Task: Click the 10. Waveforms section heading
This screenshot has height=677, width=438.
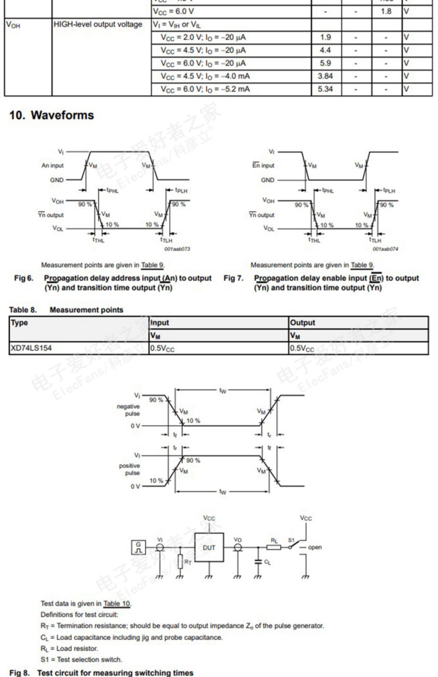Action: [x=51, y=115]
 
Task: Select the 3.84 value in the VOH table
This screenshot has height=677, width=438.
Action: [x=325, y=76]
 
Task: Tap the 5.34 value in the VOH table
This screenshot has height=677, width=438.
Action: [x=325, y=89]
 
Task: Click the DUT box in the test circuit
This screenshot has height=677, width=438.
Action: [x=209, y=548]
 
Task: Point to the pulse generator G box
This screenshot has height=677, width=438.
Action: [x=138, y=548]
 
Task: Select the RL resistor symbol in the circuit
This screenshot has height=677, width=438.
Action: [x=274, y=547]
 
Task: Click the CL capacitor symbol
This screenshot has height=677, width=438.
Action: [x=258, y=562]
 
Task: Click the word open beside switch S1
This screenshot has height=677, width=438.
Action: [x=315, y=547]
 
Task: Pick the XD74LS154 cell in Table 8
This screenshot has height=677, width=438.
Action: [x=31, y=348]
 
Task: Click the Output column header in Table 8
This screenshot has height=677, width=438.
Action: [x=303, y=323]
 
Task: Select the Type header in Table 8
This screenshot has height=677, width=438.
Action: [x=19, y=323]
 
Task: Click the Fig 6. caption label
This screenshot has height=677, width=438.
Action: [x=24, y=278]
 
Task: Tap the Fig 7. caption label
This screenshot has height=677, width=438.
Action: [x=233, y=278]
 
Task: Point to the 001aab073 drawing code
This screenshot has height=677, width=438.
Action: [x=177, y=249]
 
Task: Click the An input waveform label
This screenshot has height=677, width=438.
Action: [x=53, y=166]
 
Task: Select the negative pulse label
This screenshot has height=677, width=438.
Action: [x=128, y=410]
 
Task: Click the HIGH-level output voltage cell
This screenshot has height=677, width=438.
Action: [x=98, y=24]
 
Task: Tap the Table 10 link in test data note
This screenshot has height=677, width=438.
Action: [x=117, y=604]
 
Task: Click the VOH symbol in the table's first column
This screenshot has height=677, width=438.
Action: [x=13, y=25]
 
